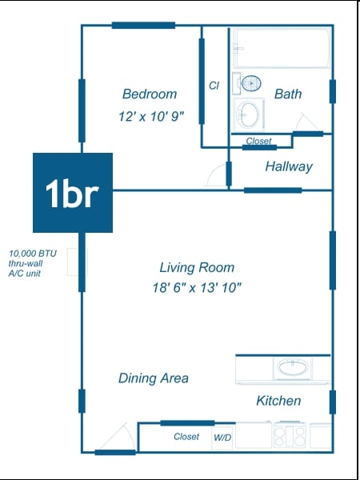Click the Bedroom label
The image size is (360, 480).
pos(150,94)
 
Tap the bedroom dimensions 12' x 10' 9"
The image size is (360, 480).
pos(151,117)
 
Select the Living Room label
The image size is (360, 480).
pos(197,267)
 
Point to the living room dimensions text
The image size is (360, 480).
pos(197,288)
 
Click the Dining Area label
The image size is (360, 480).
pos(154,378)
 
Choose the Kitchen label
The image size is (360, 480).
pos(278,401)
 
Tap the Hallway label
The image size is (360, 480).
pos(289,167)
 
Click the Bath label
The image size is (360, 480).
pos(288,94)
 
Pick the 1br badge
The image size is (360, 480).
pos(73,193)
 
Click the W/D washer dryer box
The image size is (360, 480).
pos(222,438)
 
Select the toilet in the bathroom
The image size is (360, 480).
pos(248,83)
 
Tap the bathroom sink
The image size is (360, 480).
pos(249,114)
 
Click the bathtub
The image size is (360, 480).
pos(282,48)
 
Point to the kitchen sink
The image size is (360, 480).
pos(294,367)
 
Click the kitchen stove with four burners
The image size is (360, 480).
pos(290,436)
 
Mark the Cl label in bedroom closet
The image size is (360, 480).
pos(214,86)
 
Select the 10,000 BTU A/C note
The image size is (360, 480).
pos(33,263)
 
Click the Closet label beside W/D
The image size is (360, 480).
pos(186,437)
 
